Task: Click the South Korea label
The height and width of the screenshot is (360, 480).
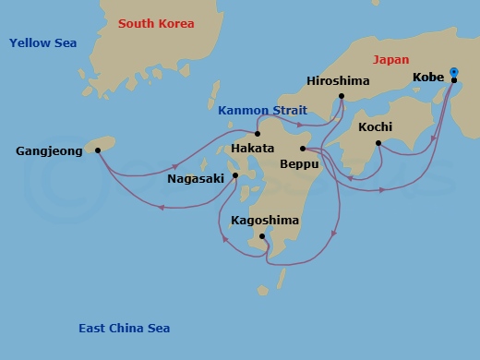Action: coord(155,23)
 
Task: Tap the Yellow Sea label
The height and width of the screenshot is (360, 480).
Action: coord(43,42)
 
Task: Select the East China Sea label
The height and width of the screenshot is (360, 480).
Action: coord(124,329)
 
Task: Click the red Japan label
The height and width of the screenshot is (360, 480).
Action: coord(390,60)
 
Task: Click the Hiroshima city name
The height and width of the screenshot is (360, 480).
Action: coord(337,81)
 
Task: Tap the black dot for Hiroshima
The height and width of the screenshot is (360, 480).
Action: coord(342,96)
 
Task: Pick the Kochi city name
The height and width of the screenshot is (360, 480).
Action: coord(375,126)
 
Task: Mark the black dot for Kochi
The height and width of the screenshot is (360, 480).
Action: coord(378,142)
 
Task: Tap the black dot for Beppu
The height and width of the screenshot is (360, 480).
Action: coord(303,148)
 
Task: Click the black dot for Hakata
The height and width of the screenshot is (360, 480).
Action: coord(258,134)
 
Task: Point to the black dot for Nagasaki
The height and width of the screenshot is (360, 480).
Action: coord(235,174)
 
